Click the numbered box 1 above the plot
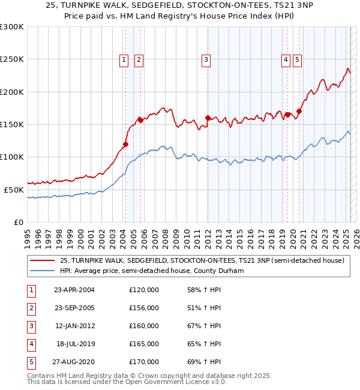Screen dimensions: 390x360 click(124, 59)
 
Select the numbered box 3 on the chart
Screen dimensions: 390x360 click(206, 59)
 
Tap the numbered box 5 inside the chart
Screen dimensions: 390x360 click(298, 59)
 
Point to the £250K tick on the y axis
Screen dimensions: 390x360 click(12, 59)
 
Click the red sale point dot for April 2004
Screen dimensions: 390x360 click(126, 144)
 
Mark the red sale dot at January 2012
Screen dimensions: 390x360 click(208, 118)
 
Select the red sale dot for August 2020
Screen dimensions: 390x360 click(299, 111)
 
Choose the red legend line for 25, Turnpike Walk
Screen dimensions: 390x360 click(42, 260)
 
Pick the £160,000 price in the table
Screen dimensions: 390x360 click(144, 326)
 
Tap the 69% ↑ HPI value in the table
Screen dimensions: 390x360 click(205, 362)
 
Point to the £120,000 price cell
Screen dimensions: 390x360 click(144, 290)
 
